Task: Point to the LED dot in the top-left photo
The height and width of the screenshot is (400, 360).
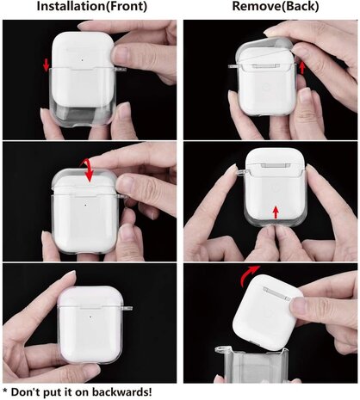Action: (82, 60)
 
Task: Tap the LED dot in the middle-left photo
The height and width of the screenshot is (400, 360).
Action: (87, 205)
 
